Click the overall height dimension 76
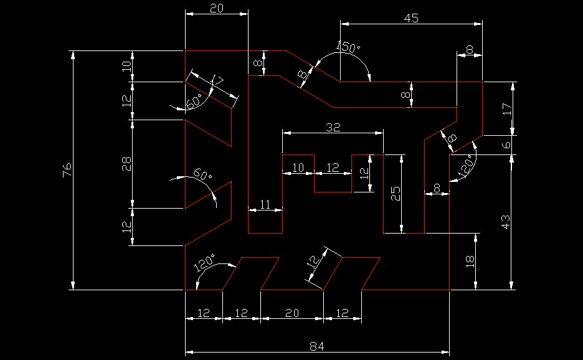[67, 169]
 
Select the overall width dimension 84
[317, 346]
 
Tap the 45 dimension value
[411, 18]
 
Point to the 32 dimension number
[333, 127]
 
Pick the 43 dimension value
[506, 222]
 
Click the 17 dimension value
[506, 108]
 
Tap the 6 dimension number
[506, 144]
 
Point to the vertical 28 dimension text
[126, 164]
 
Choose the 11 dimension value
[265, 204]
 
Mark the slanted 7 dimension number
[218, 81]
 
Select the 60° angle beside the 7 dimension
[194, 101]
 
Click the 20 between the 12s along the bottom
[291, 313]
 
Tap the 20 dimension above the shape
[216, 8]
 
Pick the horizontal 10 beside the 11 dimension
[298, 168]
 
